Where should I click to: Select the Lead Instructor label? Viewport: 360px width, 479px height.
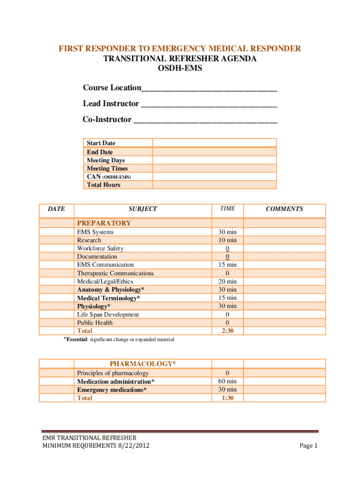[x=111, y=103]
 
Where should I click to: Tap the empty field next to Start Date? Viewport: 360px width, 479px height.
[x=215, y=143]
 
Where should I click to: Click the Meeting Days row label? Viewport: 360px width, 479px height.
[x=106, y=160]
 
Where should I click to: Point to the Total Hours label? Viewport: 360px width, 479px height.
[x=103, y=185]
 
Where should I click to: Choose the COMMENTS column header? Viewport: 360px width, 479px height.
[x=284, y=209]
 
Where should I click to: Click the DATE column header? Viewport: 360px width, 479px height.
[x=57, y=209]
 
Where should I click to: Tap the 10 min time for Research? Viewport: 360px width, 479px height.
[x=227, y=240]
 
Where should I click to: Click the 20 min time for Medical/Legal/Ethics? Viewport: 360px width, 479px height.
[x=227, y=281]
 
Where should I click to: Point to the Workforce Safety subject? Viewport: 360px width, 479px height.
[x=100, y=248]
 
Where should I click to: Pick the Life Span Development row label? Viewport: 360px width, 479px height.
[x=108, y=314]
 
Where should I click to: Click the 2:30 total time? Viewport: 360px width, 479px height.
[x=227, y=331]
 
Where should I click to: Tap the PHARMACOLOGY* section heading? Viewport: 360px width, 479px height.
[x=143, y=363]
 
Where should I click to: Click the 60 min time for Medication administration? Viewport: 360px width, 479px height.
[x=227, y=381]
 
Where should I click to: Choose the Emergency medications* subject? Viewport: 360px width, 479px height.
[x=112, y=390]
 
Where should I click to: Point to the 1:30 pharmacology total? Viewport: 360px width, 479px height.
[x=227, y=398]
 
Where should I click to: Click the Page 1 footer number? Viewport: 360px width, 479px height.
[x=309, y=446]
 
